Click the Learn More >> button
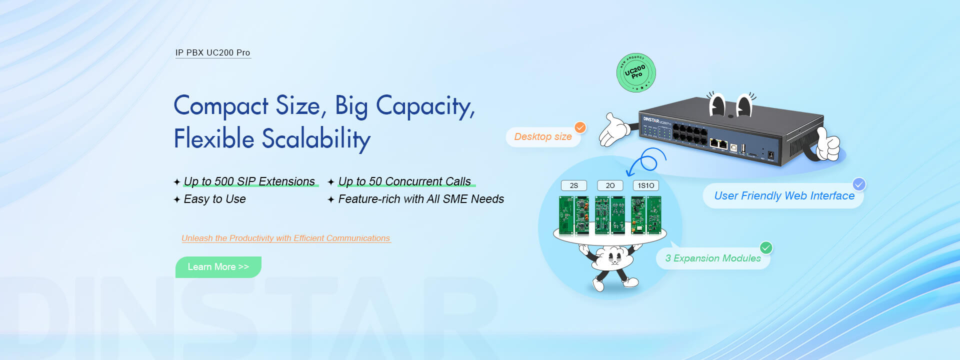(x=218, y=267)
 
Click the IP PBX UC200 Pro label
(x=212, y=52)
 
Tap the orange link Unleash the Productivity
(x=285, y=238)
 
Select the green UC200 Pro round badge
(x=635, y=73)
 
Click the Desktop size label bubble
(x=542, y=137)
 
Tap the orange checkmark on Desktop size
(x=580, y=127)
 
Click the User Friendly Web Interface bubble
(x=783, y=196)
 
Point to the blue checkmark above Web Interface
(x=859, y=184)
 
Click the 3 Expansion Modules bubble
(x=712, y=258)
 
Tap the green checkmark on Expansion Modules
(x=766, y=247)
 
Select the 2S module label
(x=573, y=185)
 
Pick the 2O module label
(x=610, y=185)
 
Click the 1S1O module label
(x=645, y=185)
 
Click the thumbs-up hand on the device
(x=828, y=145)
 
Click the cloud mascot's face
(x=612, y=257)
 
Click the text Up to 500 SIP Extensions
(x=249, y=181)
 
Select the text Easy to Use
(x=214, y=199)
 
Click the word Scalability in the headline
(x=316, y=138)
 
